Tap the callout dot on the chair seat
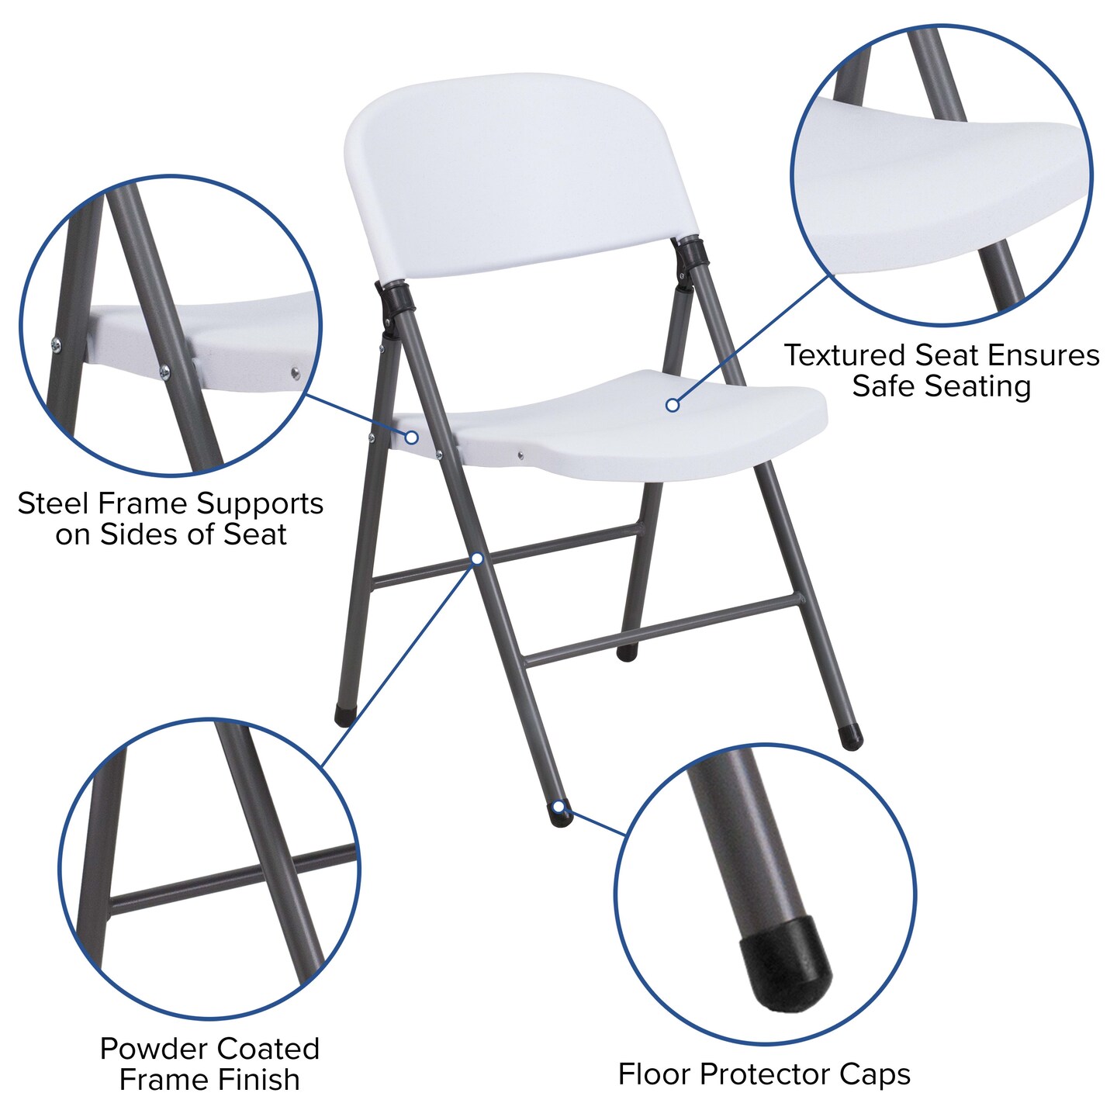[673, 405]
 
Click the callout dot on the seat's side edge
[412, 437]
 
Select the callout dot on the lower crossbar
[477, 558]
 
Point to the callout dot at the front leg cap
[558, 806]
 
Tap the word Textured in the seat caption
[846, 355]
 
